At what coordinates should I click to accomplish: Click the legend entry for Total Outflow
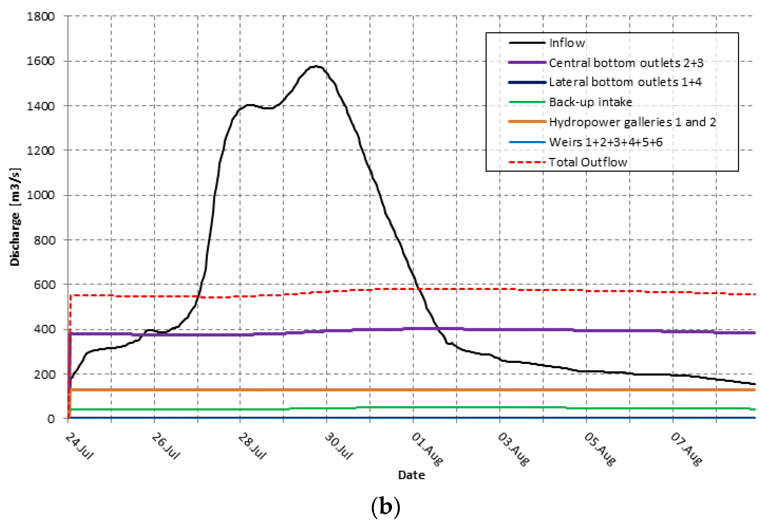[x=588, y=162]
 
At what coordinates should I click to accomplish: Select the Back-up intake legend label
[x=590, y=102]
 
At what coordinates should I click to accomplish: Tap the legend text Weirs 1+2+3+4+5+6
[x=605, y=142]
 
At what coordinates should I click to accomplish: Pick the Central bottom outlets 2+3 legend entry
[x=626, y=62]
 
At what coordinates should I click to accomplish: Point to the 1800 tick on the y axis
[x=41, y=16]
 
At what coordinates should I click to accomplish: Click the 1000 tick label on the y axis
[x=41, y=195]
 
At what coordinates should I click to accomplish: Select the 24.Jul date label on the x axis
[x=79, y=446]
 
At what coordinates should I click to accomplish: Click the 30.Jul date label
[x=339, y=446]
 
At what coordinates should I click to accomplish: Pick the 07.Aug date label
[x=686, y=449]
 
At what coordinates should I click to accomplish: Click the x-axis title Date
[x=411, y=475]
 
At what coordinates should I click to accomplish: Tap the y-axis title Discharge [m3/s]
[x=15, y=217]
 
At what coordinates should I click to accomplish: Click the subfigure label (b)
[x=385, y=506]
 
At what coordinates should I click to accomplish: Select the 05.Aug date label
[x=600, y=449]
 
